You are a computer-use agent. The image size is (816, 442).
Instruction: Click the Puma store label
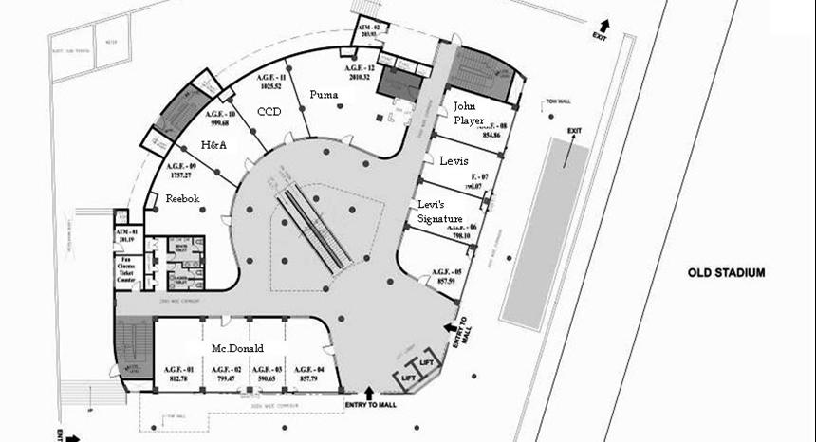[x=325, y=96]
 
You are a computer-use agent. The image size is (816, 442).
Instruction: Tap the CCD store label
[x=269, y=112]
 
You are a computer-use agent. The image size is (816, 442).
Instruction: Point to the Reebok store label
[x=183, y=199]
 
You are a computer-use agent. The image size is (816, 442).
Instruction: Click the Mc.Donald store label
[x=237, y=348]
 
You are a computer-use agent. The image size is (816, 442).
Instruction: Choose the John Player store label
[x=469, y=112]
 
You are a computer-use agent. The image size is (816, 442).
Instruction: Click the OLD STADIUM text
[x=726, y=273]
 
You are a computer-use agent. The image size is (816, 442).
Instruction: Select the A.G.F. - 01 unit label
[x=177, y=370]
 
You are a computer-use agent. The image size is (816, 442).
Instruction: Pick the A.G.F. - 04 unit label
[x=309, y=370]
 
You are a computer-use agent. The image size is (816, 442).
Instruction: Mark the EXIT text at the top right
[x=598, y=36]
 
